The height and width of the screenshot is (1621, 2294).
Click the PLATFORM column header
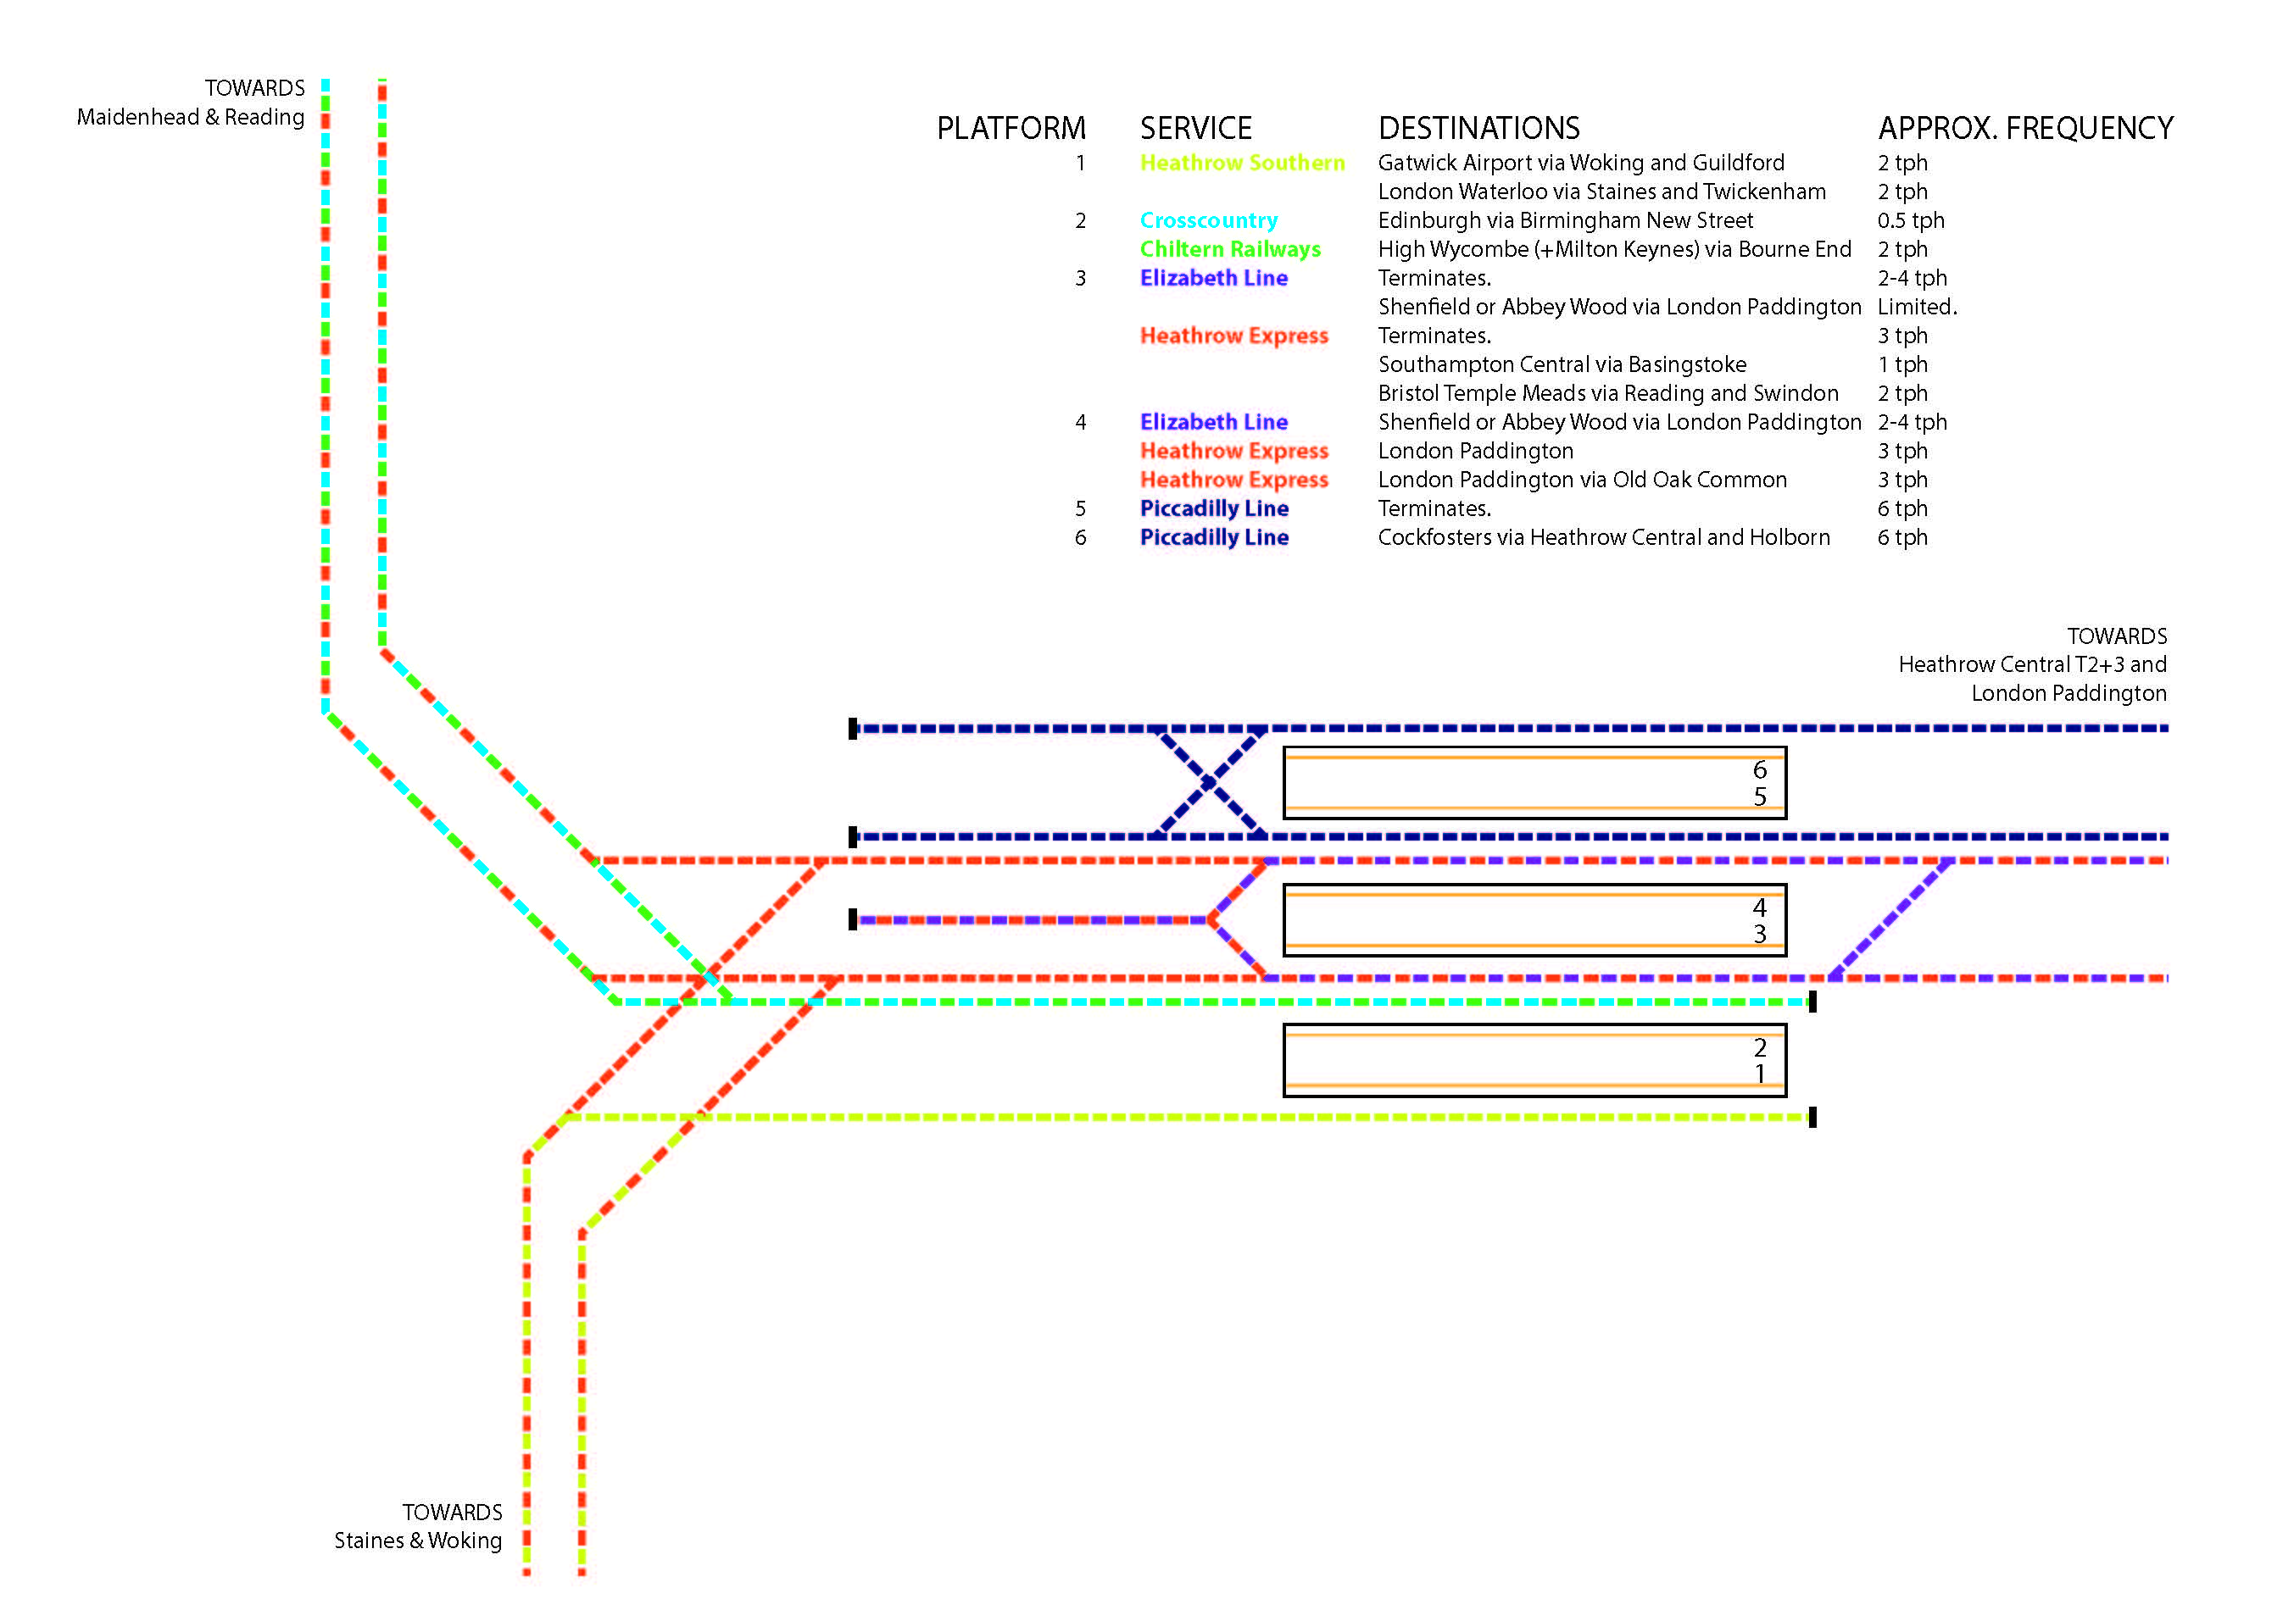(x=1011, y=128)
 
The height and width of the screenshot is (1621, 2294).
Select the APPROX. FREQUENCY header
(x=2025, y=128)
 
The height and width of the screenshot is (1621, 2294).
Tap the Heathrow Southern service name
(x=1242, y=163)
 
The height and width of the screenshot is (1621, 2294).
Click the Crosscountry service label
(x=1209, y=220)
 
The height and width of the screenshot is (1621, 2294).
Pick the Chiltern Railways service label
(x=1230, y=250)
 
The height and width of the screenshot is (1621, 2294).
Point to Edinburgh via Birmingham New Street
(x=1566, y=220)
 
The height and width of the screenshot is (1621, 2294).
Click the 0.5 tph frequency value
(x=1910, y=220)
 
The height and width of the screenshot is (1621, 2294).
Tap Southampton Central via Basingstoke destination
(x=1562, y=364)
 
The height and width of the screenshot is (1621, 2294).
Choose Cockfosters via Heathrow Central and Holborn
(x=1604, y=537)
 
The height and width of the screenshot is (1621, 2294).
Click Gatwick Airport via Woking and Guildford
(x=1580, y=163)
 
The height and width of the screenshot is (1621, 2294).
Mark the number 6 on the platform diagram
(x=1759, y=770)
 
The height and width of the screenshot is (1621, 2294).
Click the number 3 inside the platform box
(x=1759, y=934)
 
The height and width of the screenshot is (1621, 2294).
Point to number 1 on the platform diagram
(x=1759, y=1074)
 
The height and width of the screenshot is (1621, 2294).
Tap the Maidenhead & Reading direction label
(x=190, y=117)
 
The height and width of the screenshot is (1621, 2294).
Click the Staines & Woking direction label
(x=418, y=1541)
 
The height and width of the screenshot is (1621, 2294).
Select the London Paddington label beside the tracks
(x=2068, y=693)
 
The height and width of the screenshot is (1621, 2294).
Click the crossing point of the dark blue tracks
(x=1209, y=783)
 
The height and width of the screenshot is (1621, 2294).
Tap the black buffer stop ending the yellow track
(x=1812, y=1118)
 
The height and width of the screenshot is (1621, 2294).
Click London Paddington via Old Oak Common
(x=1583, y=480)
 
